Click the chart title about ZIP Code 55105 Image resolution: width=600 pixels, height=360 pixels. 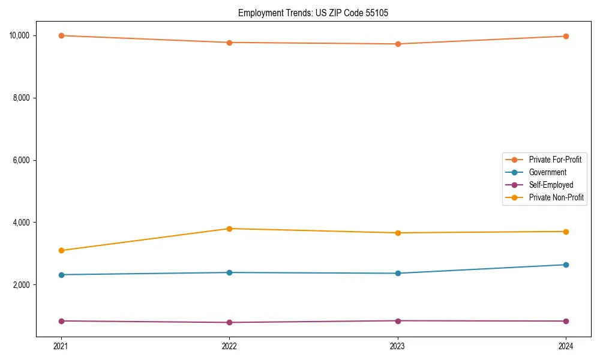tap(313, 13)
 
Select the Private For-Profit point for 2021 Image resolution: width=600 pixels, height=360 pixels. tap(61, 35)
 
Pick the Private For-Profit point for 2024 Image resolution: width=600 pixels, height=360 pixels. tap(566, 36)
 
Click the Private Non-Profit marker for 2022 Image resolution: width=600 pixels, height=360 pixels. tap(229, 229)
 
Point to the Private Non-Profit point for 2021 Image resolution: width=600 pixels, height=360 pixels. tap(61, 250)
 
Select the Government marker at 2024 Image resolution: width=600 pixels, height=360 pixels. tap(566, 265)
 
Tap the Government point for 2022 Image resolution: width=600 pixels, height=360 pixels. tap(229, 272)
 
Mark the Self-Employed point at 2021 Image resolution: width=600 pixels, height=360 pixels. tap(61, 321)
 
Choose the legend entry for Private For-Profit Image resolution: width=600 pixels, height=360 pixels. tap(555, 160)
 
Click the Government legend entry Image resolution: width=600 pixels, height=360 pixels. tap(547, 172)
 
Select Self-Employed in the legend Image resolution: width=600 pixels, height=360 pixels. tap(551, 185)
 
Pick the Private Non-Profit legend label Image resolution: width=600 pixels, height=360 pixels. tap(556, 197)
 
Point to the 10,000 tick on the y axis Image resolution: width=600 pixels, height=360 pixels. tap(20, 35)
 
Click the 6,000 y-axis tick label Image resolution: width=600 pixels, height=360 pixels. tap(22, 160)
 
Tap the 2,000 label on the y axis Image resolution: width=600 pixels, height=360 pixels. tap(22, 284)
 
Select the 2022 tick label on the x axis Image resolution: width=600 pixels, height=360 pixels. tap(229, 346)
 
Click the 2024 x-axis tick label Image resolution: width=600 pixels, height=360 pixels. tap(566, 346)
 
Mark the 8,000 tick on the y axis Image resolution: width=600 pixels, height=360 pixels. tap(22, 98)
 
